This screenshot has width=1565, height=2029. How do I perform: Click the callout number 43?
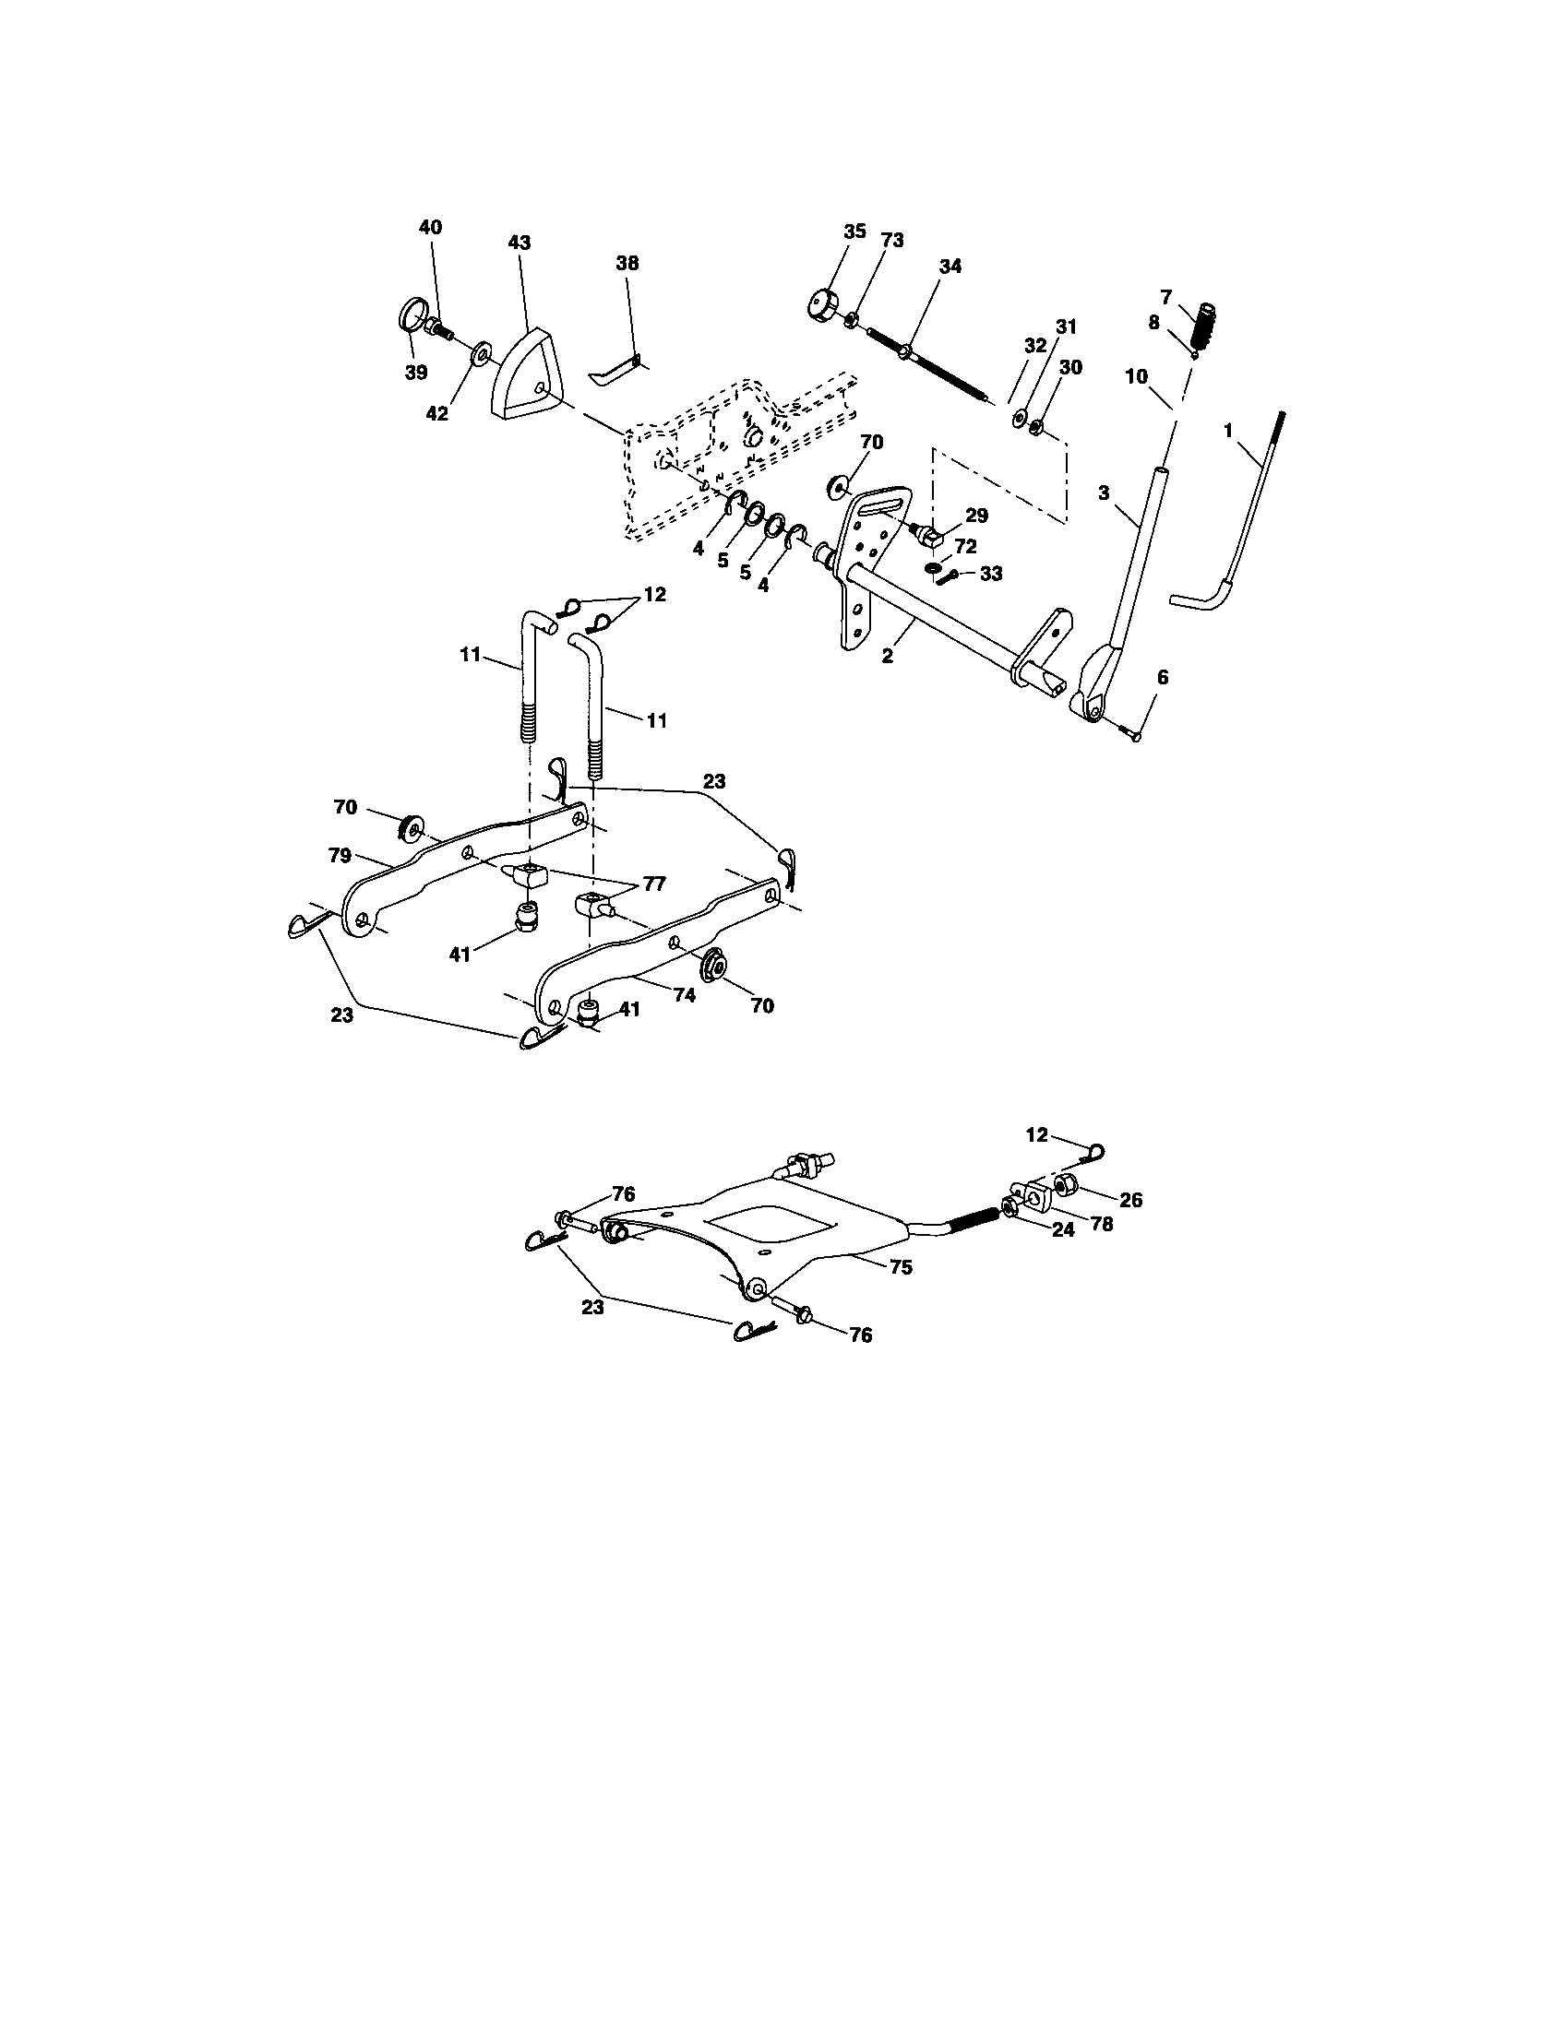point(520,243)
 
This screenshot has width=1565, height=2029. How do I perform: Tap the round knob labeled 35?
point(822,303)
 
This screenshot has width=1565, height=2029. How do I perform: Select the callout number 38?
point(627,264)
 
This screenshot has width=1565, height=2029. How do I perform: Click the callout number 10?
point(1137,377)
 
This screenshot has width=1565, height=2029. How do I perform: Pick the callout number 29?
point(976,516)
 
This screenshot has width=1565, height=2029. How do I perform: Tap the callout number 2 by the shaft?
point(888,656)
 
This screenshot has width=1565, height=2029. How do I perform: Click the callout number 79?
point(340,856)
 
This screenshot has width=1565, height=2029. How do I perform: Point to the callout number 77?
point(654,884)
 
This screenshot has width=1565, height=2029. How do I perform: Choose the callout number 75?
point(901,1266)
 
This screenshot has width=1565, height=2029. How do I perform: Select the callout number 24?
point(1063,1229)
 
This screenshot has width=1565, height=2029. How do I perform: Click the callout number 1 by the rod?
point(1228,431)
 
